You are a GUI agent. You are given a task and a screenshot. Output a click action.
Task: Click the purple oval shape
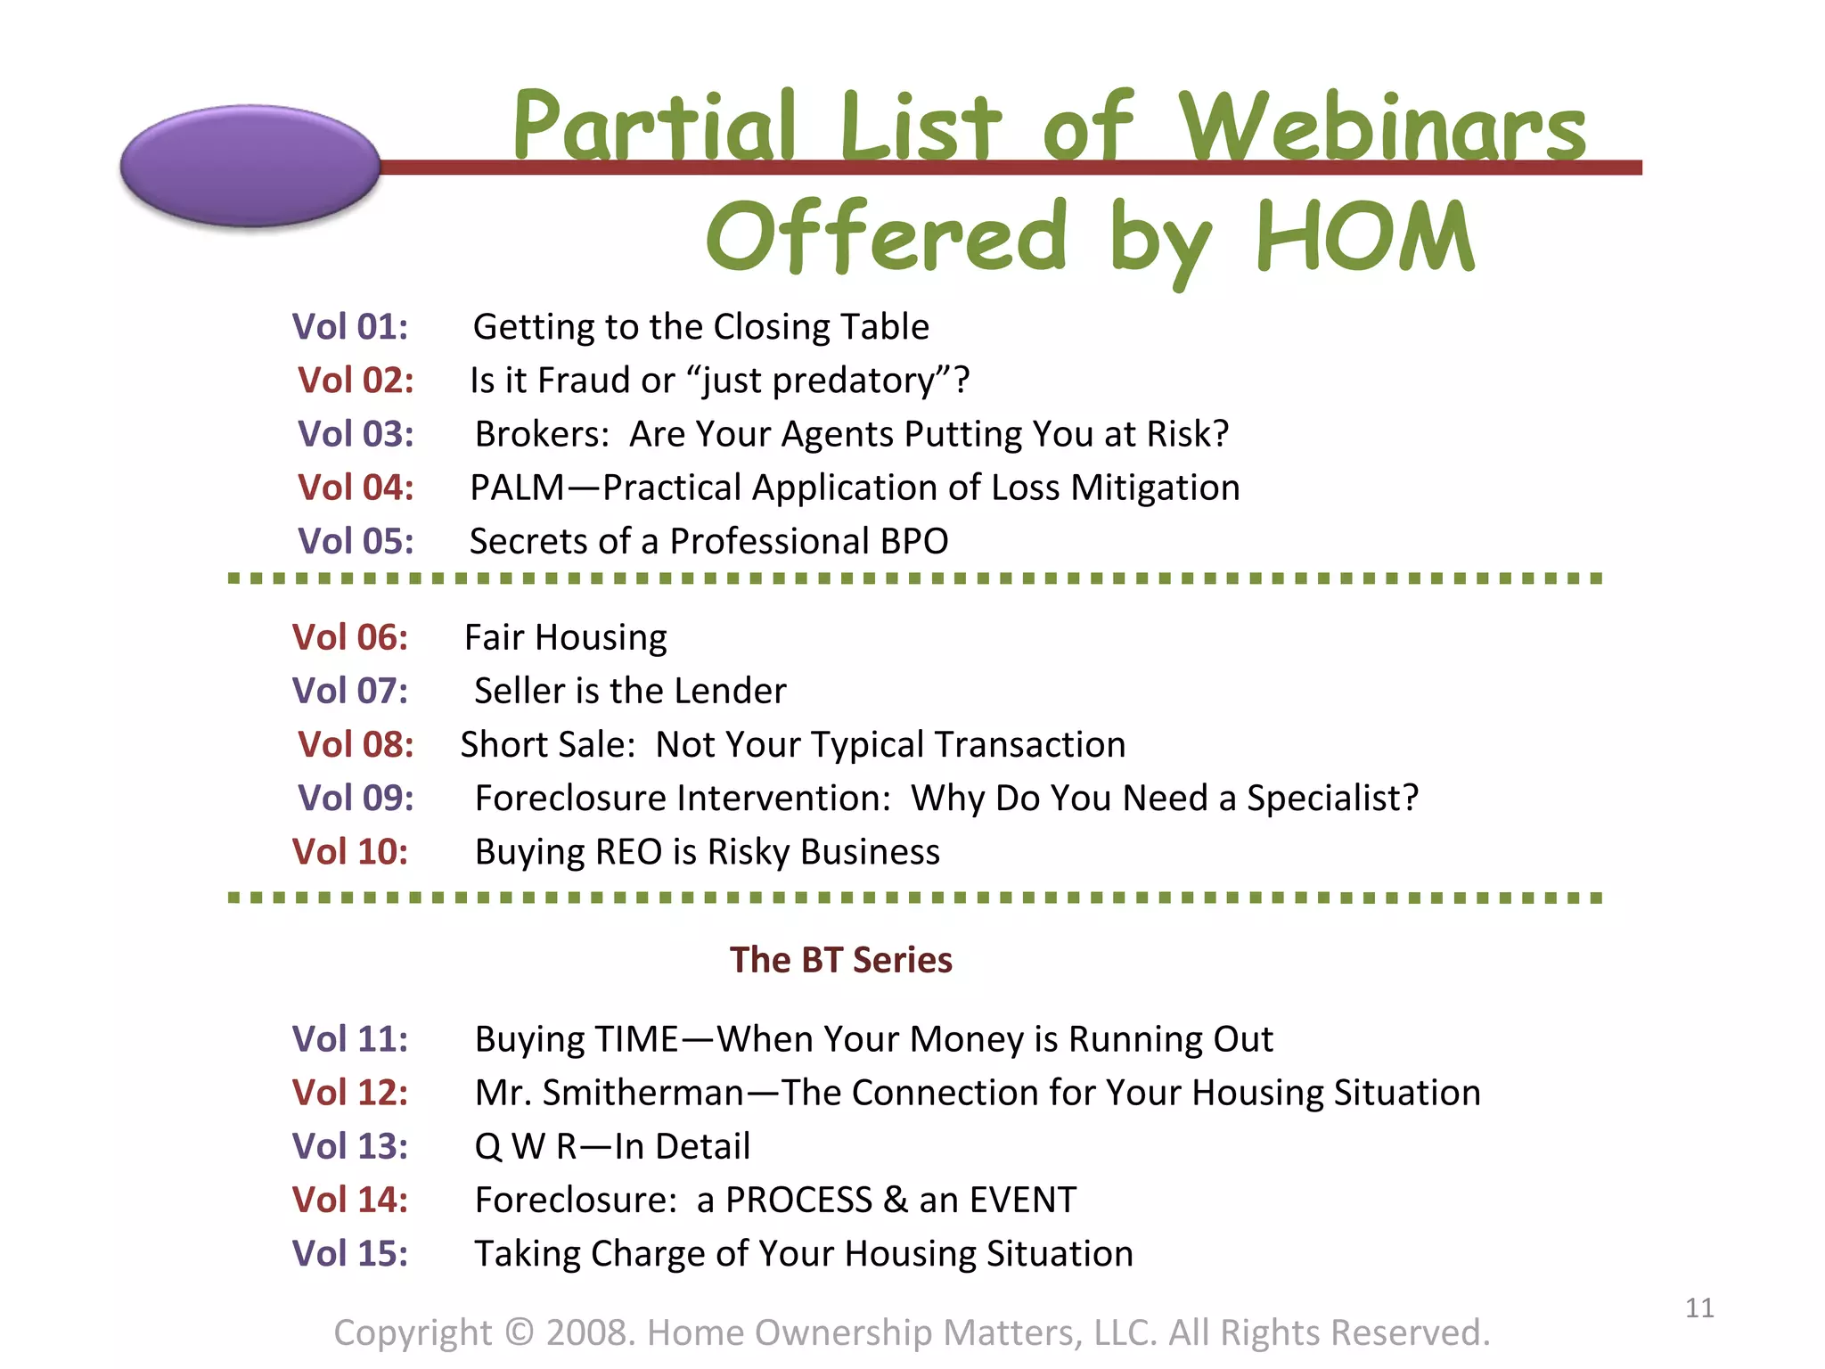click(x=250, y=166)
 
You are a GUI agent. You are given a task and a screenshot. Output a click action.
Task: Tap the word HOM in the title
click(x=1365, y=236)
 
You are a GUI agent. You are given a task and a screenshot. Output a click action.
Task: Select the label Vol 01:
click(x=350, y=327)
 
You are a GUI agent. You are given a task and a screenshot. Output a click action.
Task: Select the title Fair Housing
click(x=565, y=637)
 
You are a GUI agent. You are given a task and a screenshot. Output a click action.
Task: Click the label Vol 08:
click(x=356, y=744)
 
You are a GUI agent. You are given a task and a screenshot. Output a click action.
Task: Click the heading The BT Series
click(x=840, y=960)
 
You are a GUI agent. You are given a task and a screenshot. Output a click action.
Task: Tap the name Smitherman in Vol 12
click(x=642, y=1093)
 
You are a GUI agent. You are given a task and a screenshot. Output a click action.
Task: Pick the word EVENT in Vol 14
click(x=1023, y=1200)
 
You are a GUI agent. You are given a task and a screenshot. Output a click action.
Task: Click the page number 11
click(x=1699, y=1308)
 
